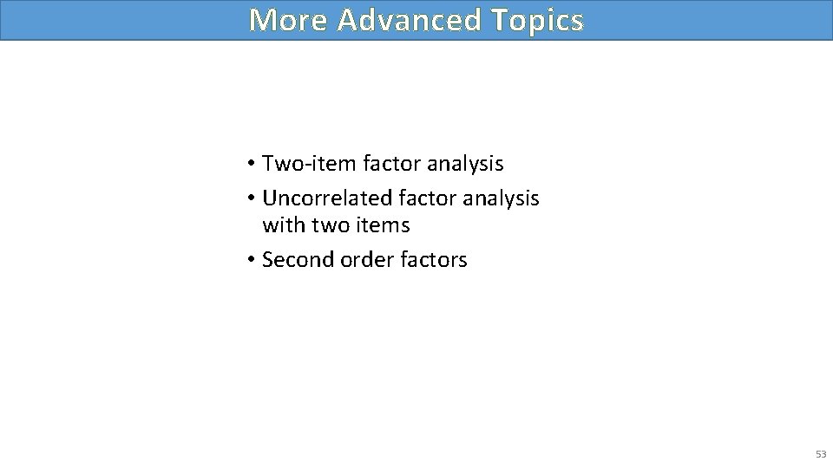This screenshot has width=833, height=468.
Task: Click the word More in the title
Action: pyautogui.click(x=288, y=19)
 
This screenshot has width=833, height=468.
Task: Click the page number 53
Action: pyautogui.click(x=820, y=453)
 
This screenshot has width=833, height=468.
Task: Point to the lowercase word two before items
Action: pyautogui.click(x=325, y=225)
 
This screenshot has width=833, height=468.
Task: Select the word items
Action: pyautogui.click(x=378, y=225)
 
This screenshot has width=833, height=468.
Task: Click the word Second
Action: pyautogui.click(x=293, y=259)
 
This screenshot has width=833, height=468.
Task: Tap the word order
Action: pyautogui.click(x=357, y=259)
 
